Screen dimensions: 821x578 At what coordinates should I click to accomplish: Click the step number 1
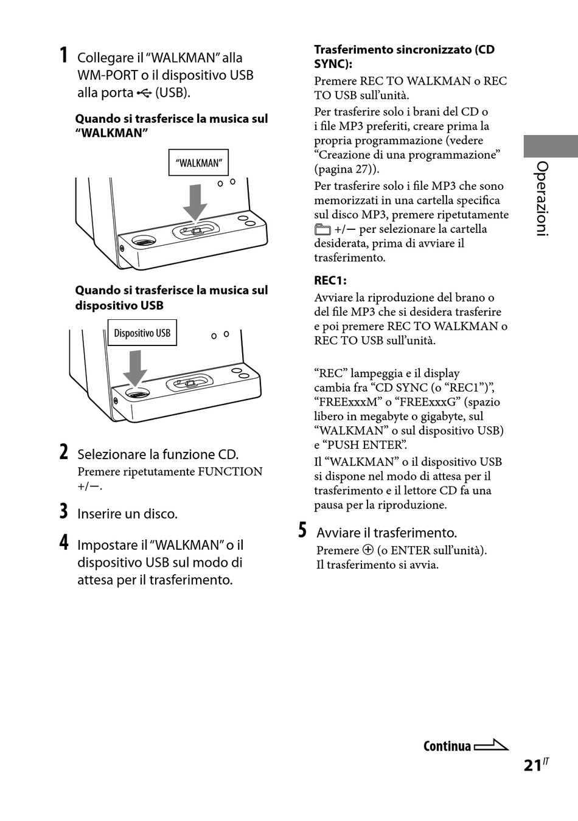pyautogui.click(x=63, y=55)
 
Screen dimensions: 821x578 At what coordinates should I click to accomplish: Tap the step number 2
pyautogui.click(x=63, y=452)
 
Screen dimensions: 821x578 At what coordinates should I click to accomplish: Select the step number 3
pyautogui.click(x=63, y=511)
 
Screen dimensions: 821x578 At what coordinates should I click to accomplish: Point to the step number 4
pyautogui.click(x=63, y=542)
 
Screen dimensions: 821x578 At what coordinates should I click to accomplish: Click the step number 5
pyautogui.click(x=302, y=530)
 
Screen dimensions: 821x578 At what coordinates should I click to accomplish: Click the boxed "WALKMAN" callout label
pyautogui.click(x=198, y=163)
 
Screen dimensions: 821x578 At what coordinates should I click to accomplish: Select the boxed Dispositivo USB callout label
pyautogui.click(x=142, y=333)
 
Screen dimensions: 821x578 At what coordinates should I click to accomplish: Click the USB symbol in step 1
pyautogui.click(x=144, y=93)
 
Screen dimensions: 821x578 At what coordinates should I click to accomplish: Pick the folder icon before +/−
pyautogui.click(x=322, y=230)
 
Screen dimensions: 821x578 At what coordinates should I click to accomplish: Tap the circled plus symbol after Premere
pyautogui.click(x=368, y=550)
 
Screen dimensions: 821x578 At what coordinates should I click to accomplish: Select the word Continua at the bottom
pyautogui.click(x=447, y=746)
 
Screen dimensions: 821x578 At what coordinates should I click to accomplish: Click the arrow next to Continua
pyautogui.click(x=491, y=746)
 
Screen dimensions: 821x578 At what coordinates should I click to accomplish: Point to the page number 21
pyautogui.click(x=532, y=765)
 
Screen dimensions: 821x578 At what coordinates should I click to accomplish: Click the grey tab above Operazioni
pyautogui.click(x=550, y=147)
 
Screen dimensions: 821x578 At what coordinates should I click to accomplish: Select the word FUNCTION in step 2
pyautogui.click(x=230, y=471)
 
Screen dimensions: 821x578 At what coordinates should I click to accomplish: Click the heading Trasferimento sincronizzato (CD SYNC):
pyautogui.click(x=404, y=57)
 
